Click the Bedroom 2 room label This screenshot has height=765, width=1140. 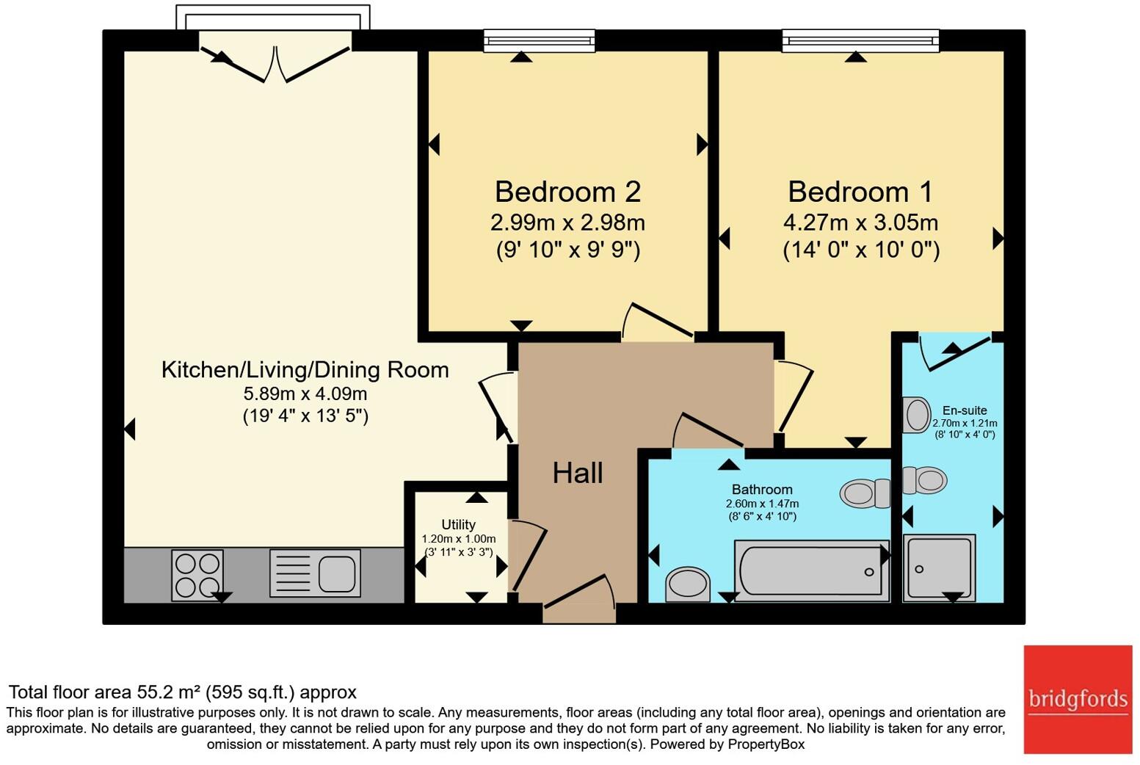pos(567,192)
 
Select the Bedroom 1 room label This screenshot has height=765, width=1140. pos(860,192)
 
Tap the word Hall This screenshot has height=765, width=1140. pos(578,474)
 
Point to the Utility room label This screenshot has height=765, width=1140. pos(458,524)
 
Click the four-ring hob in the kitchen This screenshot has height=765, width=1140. pos(197,575)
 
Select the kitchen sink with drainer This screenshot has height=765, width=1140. pos(315,573)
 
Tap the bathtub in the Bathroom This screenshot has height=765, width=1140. pos(811,570)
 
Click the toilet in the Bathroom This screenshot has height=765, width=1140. pos(865,493)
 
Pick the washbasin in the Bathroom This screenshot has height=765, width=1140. pos(688,584)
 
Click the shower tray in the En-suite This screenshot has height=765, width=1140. pos(939,568)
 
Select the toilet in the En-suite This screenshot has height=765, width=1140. pos(924,481)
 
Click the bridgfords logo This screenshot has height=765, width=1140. pos(1078,699)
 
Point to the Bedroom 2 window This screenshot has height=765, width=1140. pos(539,40)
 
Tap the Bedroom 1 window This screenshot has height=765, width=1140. pos(860,40)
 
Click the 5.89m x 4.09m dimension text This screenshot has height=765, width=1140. pos(305,394)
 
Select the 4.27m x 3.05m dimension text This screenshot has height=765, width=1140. pos(860,222)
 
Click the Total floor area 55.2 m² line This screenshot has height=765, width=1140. pos(182,692)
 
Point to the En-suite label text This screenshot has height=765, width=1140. pos(965,410)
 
